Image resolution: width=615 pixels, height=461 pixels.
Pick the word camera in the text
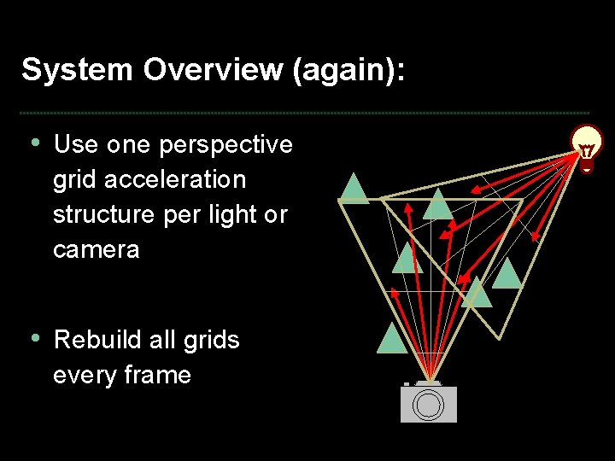click(96, 250)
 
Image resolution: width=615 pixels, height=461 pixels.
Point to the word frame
click(155, 375)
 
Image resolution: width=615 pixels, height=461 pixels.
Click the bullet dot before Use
click(34, 143)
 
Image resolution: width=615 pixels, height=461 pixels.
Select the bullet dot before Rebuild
click(34, 337)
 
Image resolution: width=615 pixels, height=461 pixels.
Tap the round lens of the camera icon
click(428, 406)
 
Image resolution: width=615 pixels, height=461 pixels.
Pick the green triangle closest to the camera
click(392, 341)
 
